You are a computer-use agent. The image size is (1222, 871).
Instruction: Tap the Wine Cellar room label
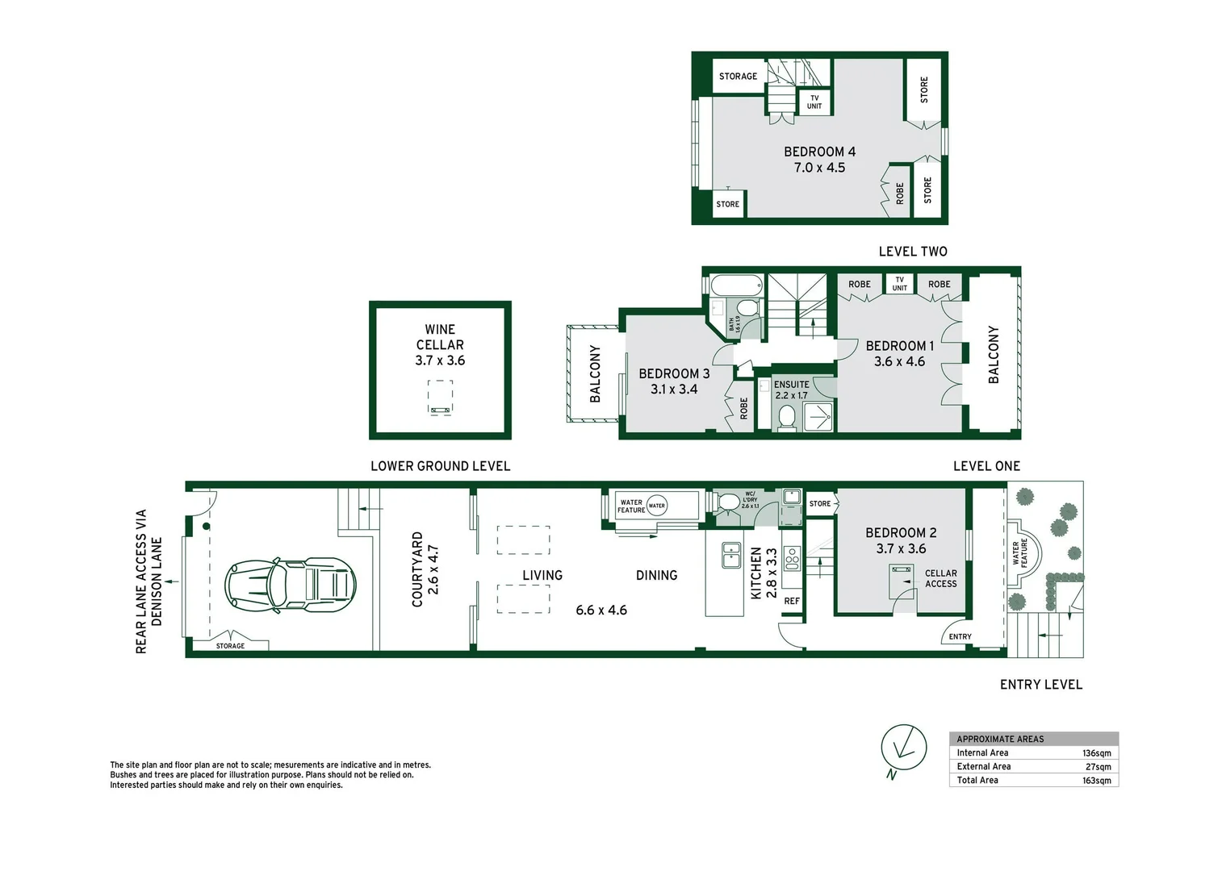coord(440,345)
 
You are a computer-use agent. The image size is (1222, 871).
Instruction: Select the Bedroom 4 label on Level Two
coord(819,159)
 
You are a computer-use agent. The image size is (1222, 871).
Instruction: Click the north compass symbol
coord(903,747)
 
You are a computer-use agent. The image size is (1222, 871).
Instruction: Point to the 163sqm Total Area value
coord(1096,780)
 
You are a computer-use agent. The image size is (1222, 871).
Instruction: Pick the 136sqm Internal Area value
coord(1096,752)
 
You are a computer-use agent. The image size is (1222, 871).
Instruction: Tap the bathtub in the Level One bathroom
coord(736,285)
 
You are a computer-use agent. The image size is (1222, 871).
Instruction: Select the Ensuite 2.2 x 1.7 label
coord(791,390)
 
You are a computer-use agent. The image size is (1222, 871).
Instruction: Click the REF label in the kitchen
coord(792,601)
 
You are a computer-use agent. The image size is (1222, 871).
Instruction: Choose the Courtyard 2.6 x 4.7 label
coord(425,569)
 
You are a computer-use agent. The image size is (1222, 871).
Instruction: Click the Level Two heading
coord(913,252)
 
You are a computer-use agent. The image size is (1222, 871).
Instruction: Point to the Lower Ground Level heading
coord(440,466)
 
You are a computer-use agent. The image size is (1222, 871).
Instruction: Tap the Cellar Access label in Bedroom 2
coord(940,578)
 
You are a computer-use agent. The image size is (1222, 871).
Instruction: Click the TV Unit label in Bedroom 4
coord(814,102)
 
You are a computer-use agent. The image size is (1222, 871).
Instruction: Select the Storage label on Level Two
coord(738,77)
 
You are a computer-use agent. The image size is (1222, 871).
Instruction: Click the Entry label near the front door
coord(960,636)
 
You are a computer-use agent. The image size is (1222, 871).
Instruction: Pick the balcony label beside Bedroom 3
coord(595,373)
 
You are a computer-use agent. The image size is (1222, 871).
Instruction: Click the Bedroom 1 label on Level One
coord(899,353)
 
